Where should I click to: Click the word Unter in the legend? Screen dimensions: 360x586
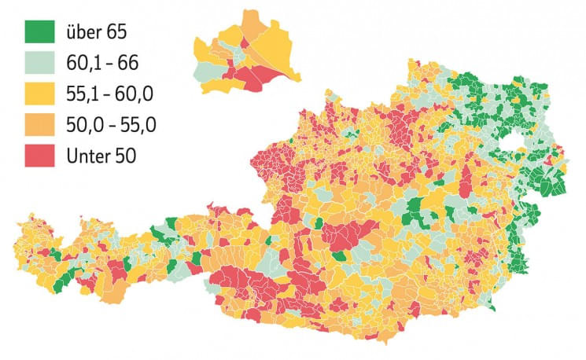tap(89, 155)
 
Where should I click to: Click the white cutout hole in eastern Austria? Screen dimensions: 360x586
tap(520, 142)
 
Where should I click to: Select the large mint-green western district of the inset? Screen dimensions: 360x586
tap(206, 69)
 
